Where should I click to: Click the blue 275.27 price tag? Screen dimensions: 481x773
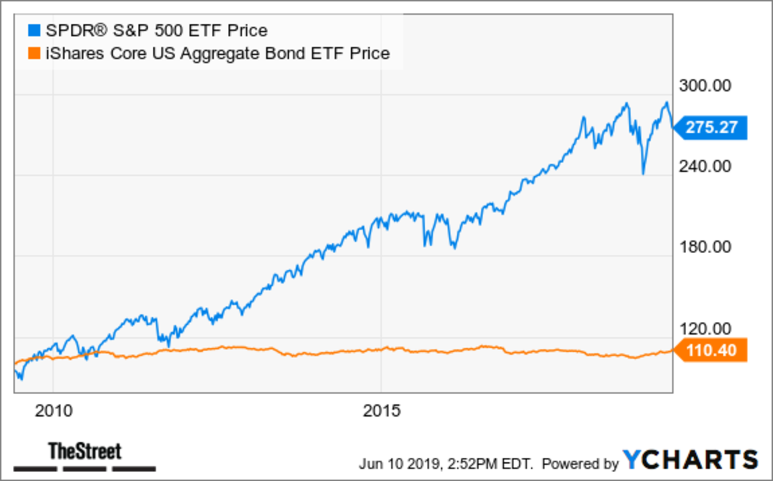tap(711, 127)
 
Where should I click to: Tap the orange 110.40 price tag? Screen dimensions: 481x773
tap(711, 351)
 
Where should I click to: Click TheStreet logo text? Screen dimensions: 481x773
tap(84, 450)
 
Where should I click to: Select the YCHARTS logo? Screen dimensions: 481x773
tap(690, 459)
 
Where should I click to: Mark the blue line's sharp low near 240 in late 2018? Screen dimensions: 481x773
tap(643, 173)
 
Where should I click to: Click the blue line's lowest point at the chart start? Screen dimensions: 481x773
tap(21, 380)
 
